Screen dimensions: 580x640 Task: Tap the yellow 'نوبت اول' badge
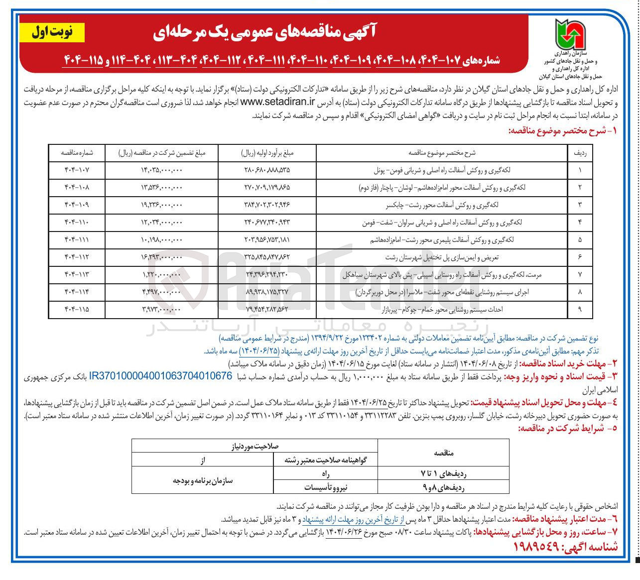point(52,32)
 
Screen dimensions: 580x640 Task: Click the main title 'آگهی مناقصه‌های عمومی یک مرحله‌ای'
point(264,32)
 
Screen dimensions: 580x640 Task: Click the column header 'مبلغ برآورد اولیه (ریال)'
point(267,153)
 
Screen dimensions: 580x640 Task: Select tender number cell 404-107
point(77,170)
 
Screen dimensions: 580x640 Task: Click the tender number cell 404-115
point(77,309)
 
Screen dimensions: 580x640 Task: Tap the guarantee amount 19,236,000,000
point(161,205)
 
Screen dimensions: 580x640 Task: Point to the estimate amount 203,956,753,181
point(267,239)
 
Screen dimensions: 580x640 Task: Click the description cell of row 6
point(441,257)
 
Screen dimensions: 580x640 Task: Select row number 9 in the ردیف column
point(580,309)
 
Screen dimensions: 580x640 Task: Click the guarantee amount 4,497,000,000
point(161,292)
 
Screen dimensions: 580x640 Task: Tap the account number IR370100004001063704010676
point(160,376)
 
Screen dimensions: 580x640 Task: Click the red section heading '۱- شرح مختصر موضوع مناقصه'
point(562,131)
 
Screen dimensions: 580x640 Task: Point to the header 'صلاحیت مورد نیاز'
point(255,446)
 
